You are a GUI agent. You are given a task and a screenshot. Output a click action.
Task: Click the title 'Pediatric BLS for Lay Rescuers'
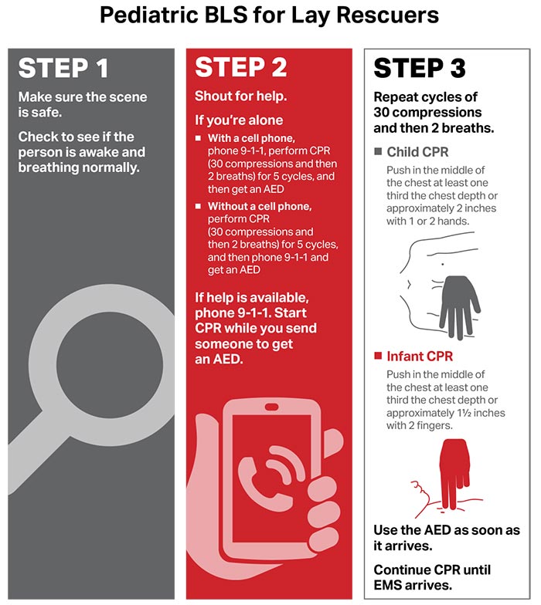point(270,16)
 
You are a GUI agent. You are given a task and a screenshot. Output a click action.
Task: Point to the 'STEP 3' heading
point(420,69)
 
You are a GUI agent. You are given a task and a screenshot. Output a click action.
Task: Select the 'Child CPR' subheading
point(417,151)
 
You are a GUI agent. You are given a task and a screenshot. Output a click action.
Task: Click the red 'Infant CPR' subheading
point(419,357)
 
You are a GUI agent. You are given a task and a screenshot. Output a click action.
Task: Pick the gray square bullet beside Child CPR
point(378,151)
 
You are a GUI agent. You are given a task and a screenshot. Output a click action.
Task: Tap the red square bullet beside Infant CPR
point(378,357)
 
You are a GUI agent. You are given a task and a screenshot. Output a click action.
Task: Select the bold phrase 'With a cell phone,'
point(251,138)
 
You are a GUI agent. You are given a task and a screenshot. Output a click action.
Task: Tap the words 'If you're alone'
point(239,120)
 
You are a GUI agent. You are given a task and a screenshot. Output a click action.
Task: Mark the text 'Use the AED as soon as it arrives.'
point(447,538)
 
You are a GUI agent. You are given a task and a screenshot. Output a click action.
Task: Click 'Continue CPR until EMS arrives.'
point(432,576)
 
